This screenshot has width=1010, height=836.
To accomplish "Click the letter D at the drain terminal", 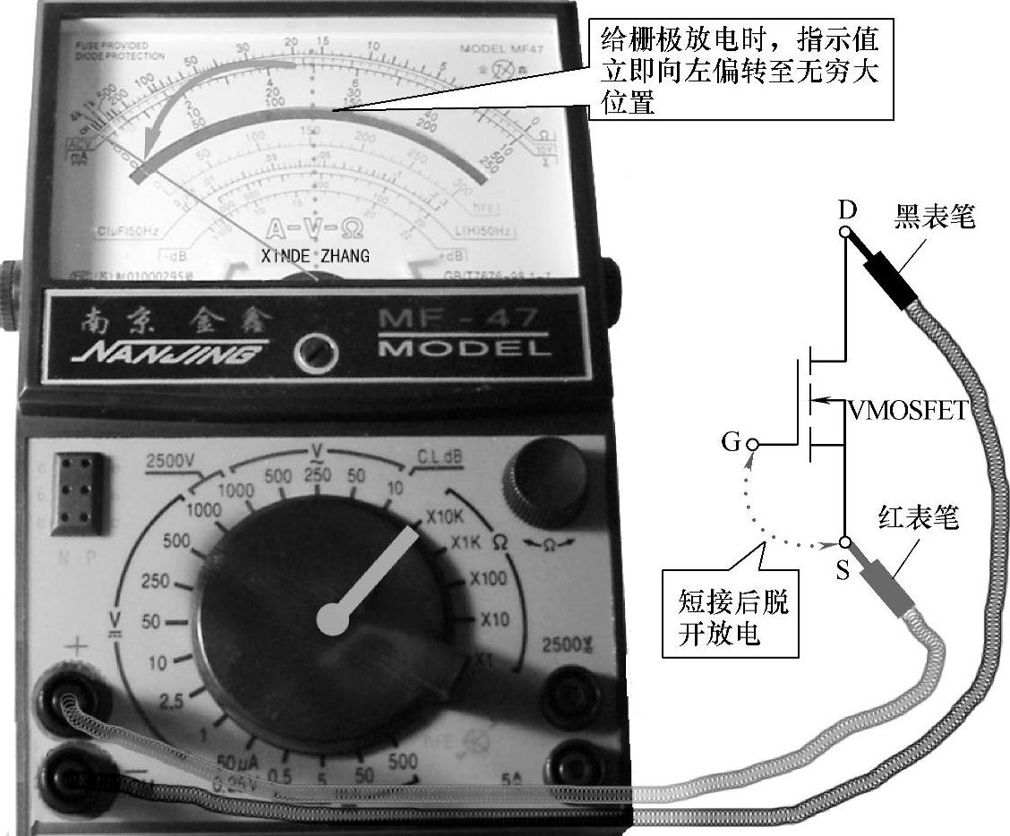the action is coord(847,210).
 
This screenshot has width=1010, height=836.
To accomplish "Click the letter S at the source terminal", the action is coord(843,570).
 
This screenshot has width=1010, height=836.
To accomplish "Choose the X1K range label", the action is coord(467,543).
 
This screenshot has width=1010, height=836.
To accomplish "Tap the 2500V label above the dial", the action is coord(169,461).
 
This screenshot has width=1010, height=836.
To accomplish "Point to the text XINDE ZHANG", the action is coord(314,257).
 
